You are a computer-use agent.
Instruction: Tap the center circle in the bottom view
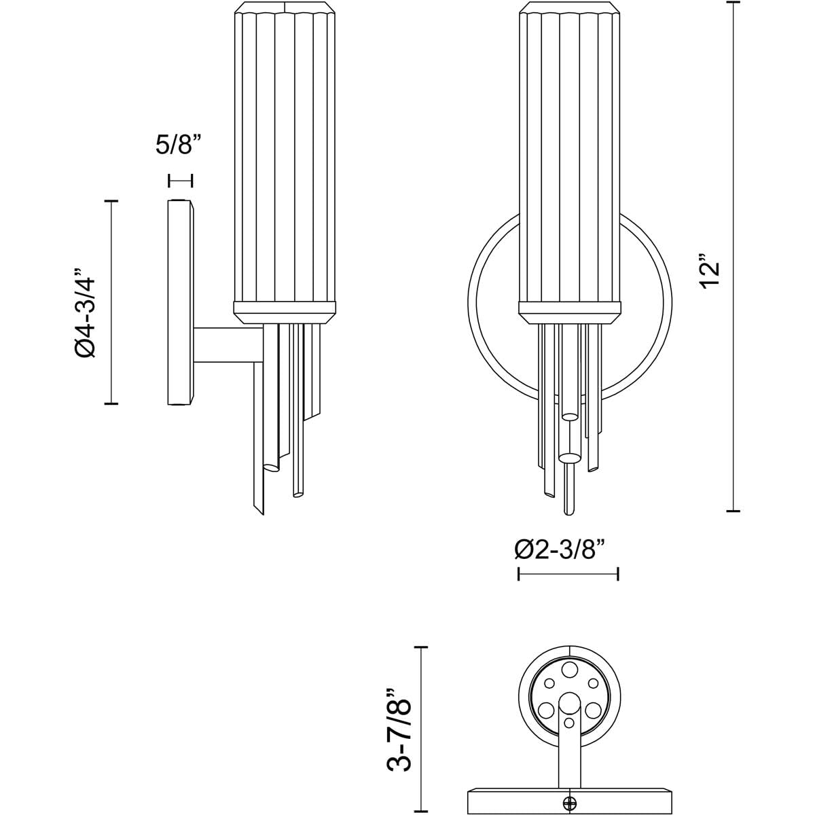(x=569, y=703)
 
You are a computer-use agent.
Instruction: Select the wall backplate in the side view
(x=180, y=302)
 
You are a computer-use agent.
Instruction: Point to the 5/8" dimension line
(x=181, y=180)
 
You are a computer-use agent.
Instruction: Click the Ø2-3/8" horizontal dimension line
(x=568, y=574)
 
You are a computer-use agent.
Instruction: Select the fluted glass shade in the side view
(x=286, y=156)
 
